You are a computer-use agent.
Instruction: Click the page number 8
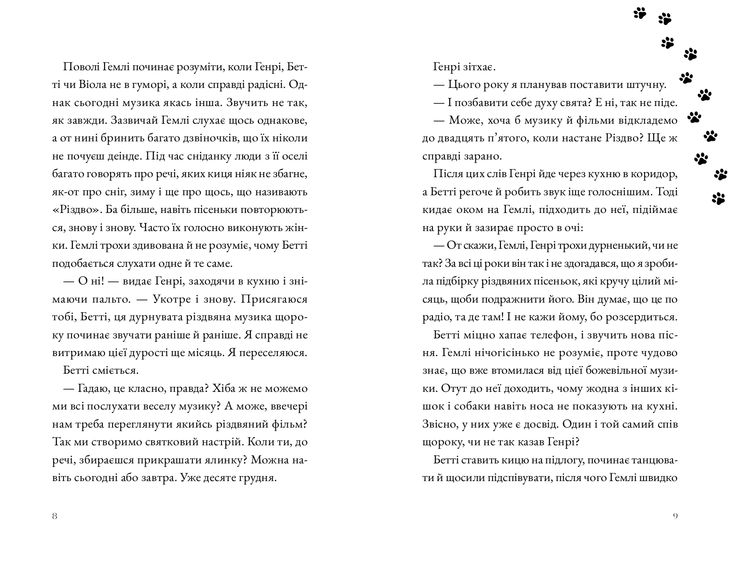[54, 516]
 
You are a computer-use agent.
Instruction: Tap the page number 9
[675, 516]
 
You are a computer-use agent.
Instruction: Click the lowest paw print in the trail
[719, 199]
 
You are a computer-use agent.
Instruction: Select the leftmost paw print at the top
[640, 13]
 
